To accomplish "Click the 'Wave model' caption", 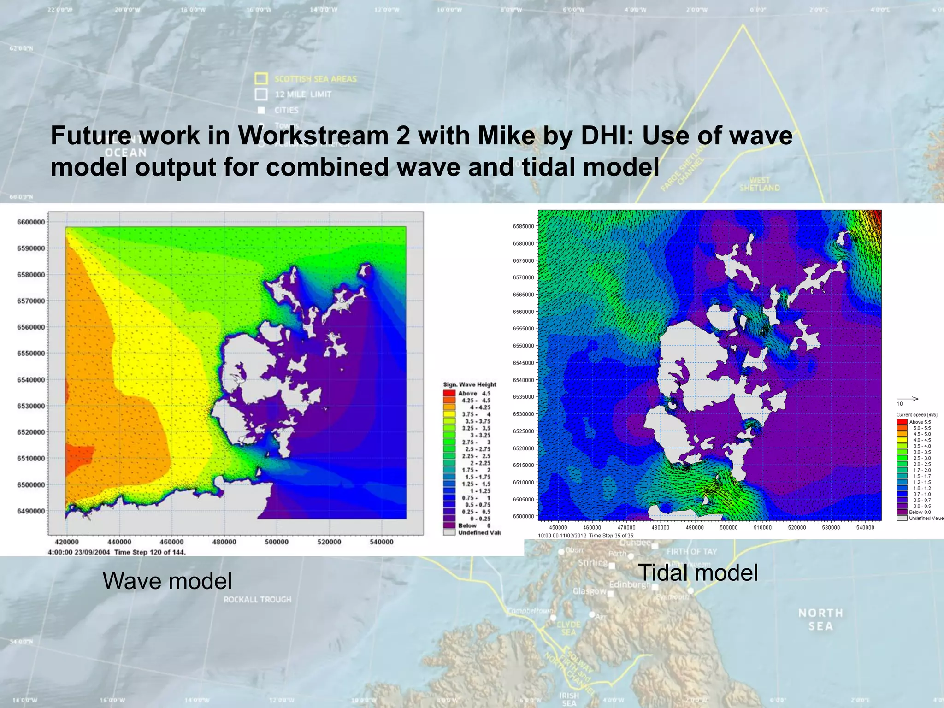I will pyautogui.click(x=167, y=580).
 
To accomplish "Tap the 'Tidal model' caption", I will pyautogui.click(x=698, y=572).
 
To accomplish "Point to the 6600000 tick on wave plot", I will pyautogui.click(x=31, y=222).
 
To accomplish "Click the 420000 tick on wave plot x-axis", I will pyautogui.click(x=67, y=542).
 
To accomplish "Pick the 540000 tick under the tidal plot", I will pyautogui.click(x=865, y=527).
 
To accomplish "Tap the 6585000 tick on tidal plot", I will pyautogui.click(x=523, y=226).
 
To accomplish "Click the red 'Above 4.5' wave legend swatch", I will pyautogui.click(x=449, y=393).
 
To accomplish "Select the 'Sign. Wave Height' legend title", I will pyautogui.click(x=469, y=384).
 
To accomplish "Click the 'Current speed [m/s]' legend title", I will pyautogui.click(x=916, y=415).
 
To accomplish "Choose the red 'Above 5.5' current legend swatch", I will pyautogui.click(x=902, y=422).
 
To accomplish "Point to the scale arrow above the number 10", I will pyautogui.click(x=907, y=399).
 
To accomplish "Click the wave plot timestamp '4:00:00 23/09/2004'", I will pyautogui.click(x=79, y=552).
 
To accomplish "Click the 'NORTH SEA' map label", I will pyautogui.click(x=820, y=619).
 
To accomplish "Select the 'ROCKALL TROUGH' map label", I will pyautogui.click(x=257, y=599).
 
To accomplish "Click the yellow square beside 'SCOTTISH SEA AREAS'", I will pyautogui.click(x=261, y=79).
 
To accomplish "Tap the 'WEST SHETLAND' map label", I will pyautogui.click(x=760, y=184).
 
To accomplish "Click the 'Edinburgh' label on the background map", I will pyautogui.click(x=629, y=584).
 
